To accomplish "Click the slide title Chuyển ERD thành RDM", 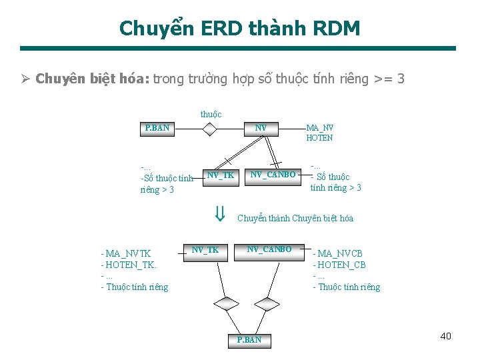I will coord(240,28).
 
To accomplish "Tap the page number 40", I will coord(445,336).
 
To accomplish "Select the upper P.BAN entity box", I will coord(157,127).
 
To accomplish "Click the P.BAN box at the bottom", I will coord(249,340).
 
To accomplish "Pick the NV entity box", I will coord(261,127).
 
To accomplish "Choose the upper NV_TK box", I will coord(220,175).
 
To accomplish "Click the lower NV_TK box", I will coord(205,250).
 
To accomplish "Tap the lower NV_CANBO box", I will coord(269,249).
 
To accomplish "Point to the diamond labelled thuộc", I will coord(210,128).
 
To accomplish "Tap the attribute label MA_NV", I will coord(319,127).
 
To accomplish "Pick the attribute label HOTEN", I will coord(319,138).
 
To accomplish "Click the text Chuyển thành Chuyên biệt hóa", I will coord(295,218).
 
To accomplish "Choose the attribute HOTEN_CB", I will coord(342,265).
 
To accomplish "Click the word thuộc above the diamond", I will coord(211,115).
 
